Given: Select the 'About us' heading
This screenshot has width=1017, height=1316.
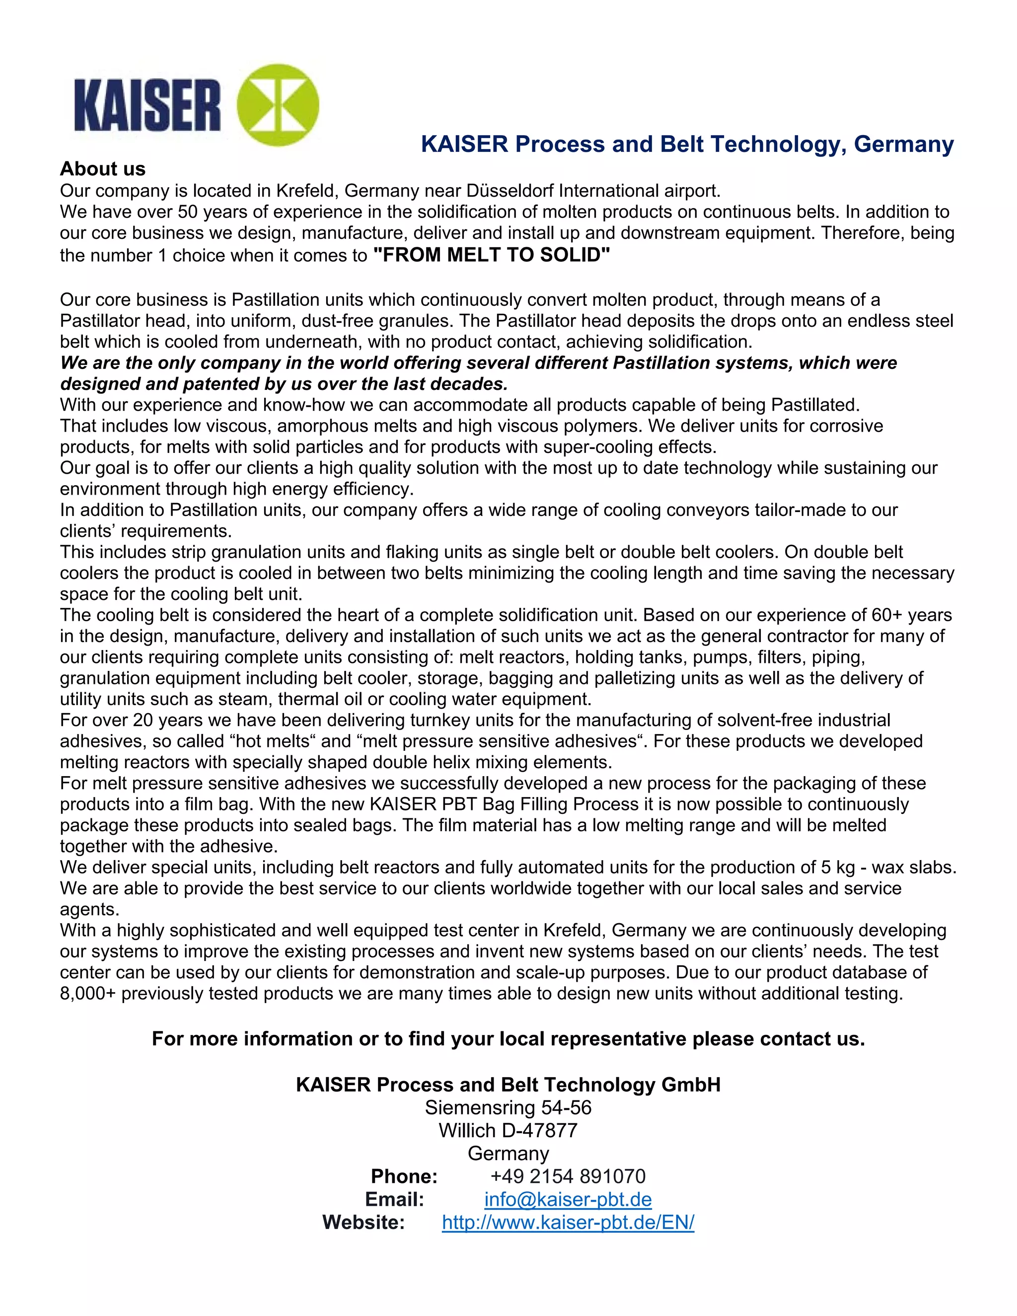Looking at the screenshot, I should click(x=102, y=169).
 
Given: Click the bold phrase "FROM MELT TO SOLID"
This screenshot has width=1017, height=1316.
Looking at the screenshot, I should click(x=492, y=255).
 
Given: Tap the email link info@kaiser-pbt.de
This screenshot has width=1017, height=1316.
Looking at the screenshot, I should click(x=568, y=1199).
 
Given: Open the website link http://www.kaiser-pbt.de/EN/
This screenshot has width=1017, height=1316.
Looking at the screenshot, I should click(x=568, y=1222).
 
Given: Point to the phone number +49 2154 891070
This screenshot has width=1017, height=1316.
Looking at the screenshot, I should click(x=568, y=1176).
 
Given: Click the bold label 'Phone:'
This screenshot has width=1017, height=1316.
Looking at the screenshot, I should click(x=404, y=1176).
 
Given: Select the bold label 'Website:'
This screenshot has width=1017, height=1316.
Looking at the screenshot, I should click(x=363, y=1222).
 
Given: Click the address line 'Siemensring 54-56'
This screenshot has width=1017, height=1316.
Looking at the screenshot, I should click(x=508, y=1107).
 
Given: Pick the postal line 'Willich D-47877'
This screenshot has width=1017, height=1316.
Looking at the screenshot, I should click(x=508, y=1130).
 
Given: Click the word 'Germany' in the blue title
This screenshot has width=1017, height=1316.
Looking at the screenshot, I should click(x=904, y=145).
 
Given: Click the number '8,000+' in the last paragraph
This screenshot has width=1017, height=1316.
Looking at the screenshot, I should click(x=87, y=994).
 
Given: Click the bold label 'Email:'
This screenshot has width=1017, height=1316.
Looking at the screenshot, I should click(x=395, y=1199).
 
